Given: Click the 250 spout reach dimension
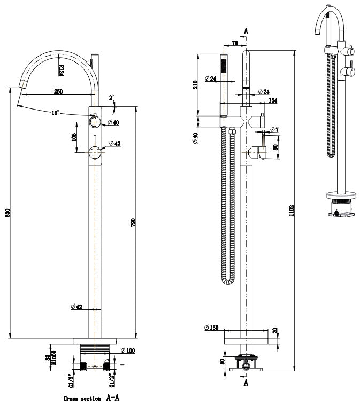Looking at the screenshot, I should pos(58,91).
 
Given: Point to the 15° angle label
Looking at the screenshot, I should pos(55,113).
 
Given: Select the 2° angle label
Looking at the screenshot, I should pos(111,98).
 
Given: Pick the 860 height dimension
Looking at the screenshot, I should pos(6,212).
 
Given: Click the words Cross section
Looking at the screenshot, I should pos(82,398).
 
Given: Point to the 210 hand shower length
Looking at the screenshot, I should pos(195,83).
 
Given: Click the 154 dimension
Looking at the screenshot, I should pos(273,100).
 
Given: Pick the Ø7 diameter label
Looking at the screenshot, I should pos(274,130).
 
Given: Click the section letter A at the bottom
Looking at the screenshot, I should pos(246,383).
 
